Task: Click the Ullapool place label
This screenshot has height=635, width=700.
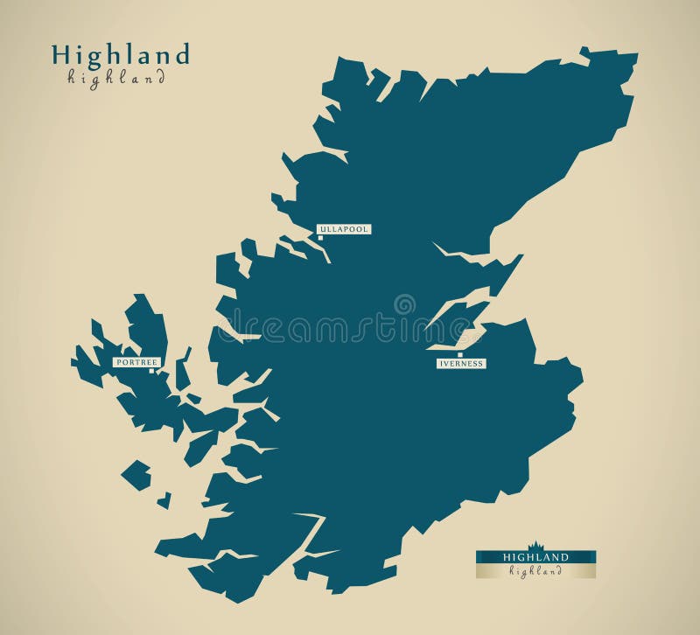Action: pos(344,229)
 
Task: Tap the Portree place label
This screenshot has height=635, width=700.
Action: pos(136,361)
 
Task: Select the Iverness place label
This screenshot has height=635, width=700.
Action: pos(460,364)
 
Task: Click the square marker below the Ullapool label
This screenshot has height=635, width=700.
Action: pos(320,237)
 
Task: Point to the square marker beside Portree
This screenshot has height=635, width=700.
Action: pos(152,370)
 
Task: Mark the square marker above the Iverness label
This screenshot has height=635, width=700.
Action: pos(460,354)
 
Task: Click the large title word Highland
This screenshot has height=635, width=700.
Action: pos(121,55)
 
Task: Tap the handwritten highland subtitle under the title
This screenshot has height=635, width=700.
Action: pos(116,78)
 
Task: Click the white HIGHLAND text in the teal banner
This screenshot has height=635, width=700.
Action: pos(535,557)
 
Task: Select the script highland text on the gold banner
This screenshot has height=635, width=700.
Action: pos(535,571)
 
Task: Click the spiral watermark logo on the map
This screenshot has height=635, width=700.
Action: pos(404,304)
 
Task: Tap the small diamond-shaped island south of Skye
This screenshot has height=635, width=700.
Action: pos(136,475)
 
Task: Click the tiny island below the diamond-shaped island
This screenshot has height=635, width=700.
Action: pos(164,500)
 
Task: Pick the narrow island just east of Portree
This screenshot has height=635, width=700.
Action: pos(182,370)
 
